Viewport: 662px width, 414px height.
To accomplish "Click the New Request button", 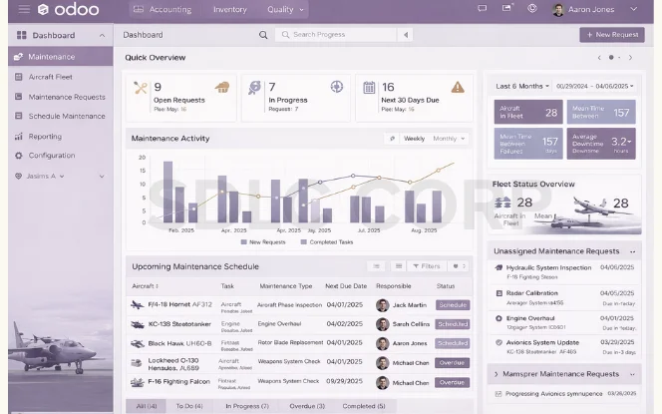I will pyautogui.click(x=611, y=35).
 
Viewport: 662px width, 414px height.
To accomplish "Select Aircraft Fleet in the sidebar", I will pyautogui.click(x=51, y=77).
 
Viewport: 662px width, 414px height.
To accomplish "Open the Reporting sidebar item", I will pyautogui.click(x=45, y=137).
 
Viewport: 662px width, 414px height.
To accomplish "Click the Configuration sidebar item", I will pyautogui.click(x=52, y=156).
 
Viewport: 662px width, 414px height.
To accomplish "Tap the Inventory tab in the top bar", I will pyautogui.click(x=229, y=10).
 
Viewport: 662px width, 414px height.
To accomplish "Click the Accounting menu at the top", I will pyautogui.click(x=169, y=10).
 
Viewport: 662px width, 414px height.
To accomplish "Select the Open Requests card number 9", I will pyautogui.click(x=158, y=88).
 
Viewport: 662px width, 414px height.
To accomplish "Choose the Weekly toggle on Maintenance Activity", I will pyautogui.click(x=414, y=139).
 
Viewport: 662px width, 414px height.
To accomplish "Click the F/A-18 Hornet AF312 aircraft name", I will pyautogui.click(x=179, y=305).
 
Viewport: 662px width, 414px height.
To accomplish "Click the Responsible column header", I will pyautogui.click(x=394, y=286).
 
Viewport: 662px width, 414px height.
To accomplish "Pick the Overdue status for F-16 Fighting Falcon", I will pyautogui.click(x=452, y=382).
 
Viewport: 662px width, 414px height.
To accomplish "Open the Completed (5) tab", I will pyautogui.click(x=363, y=406).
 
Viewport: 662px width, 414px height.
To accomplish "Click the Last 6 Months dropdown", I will pyautogui.click(x=522, y=86).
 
